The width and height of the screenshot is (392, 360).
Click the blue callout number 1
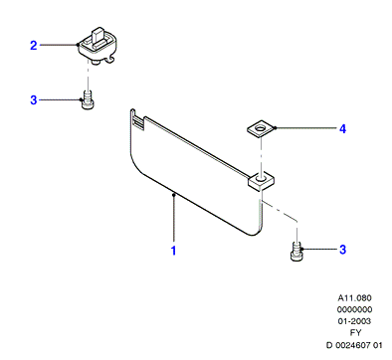pos(173,251)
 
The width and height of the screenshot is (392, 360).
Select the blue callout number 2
pos(34,46)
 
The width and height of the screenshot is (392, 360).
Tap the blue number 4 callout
pos(342,128)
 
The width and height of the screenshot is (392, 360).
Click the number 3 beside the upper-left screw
pos(34,99)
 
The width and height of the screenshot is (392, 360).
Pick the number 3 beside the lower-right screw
pos(342,250)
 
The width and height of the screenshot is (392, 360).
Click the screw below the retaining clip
pos(88,100)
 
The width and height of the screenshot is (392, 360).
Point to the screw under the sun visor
pos(296,252)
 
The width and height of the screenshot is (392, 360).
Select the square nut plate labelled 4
pos(262,128)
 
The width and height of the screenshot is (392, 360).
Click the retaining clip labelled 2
pos(98,46)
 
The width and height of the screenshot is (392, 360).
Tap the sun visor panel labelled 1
pos(196,172)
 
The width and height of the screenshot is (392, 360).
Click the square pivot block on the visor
pos(261,182)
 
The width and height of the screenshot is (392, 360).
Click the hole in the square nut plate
pos(262,127)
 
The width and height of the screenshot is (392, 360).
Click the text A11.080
pos(354,297)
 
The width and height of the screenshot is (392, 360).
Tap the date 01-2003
pos(354,321)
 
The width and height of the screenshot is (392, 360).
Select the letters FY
pos(355,332)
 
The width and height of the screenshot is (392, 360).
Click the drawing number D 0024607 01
pos(354,345)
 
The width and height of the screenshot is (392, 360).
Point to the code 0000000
pos(354,309)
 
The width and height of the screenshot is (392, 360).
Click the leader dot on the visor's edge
pos(173,196)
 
